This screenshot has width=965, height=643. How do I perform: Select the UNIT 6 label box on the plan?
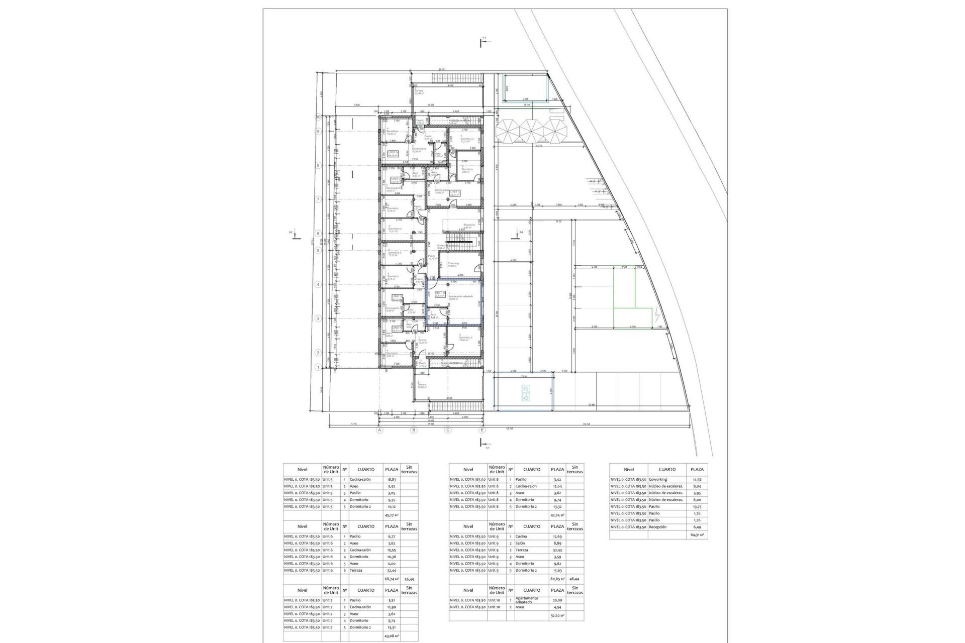click(393, 154)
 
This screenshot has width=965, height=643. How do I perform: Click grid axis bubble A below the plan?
click(380, 430)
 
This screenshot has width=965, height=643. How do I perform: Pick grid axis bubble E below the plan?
click(482, 430)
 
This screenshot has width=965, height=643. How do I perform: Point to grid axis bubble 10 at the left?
click(318, 117)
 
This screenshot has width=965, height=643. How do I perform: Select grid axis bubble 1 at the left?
click(318, 367)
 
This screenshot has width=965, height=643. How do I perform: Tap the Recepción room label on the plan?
click(469, 225)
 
